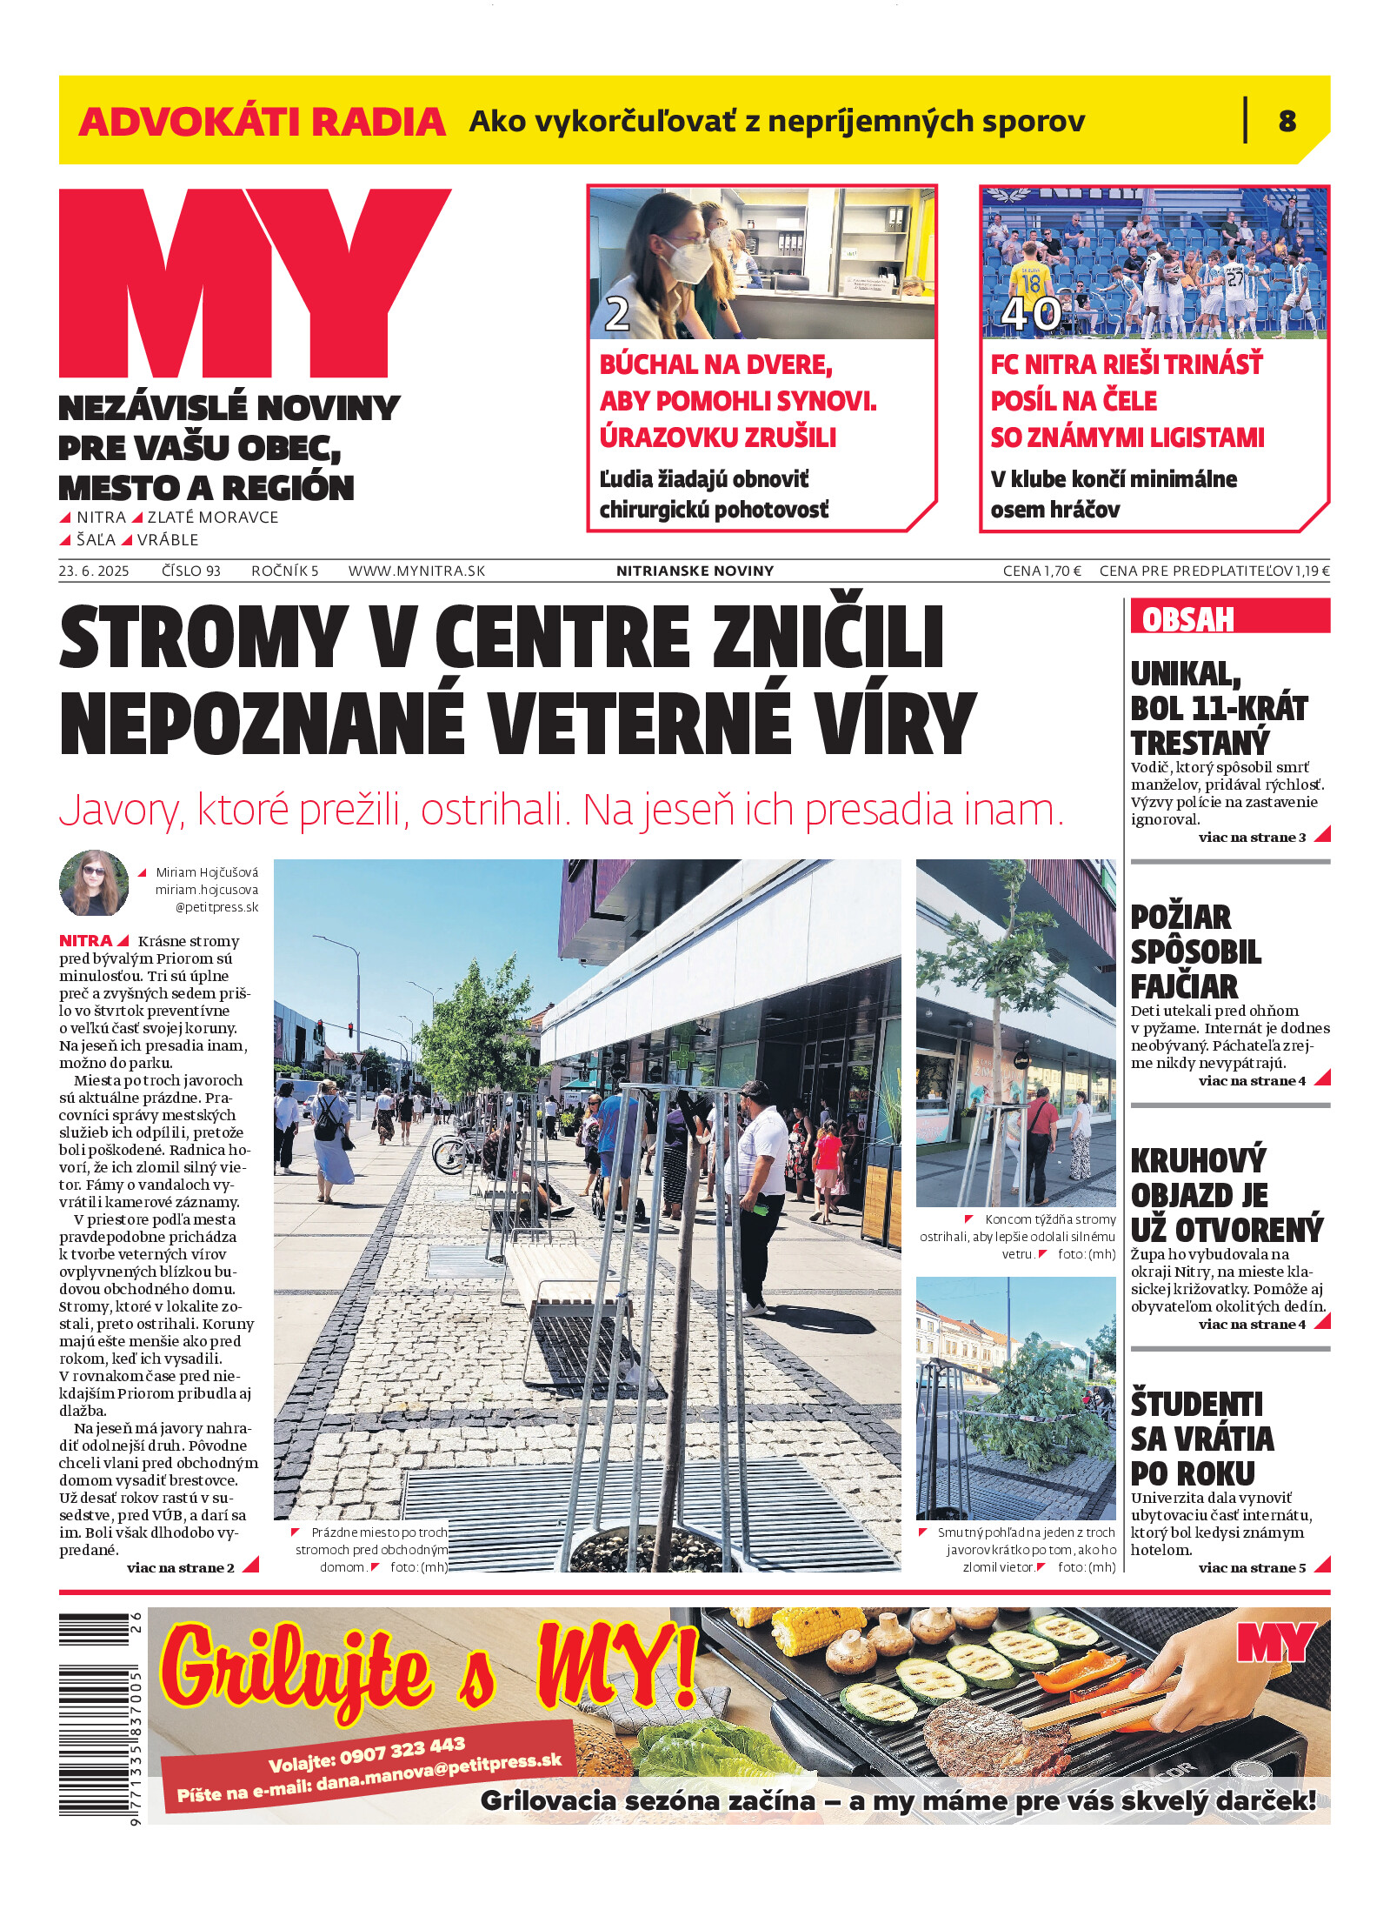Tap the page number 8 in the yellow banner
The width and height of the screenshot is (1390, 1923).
click(1287, 121)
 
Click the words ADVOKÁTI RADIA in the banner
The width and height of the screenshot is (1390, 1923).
click(262, 122)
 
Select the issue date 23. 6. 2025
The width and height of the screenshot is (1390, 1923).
click(94, 571)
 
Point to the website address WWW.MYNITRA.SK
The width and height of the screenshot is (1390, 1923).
click(416, 571)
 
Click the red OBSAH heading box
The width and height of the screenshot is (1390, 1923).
click(1229, 618)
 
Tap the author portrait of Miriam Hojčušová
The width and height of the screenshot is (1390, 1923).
click(94, 883)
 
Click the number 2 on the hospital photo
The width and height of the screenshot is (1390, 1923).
click(616, 314)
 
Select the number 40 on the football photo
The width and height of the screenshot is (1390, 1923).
click(1031, 314)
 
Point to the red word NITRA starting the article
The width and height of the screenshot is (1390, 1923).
click(85, 941)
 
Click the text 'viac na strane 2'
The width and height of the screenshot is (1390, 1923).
click(181, 1568)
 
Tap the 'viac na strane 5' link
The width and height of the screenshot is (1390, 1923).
click(1252, 1568)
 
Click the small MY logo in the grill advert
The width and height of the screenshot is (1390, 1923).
click(1275, 1643)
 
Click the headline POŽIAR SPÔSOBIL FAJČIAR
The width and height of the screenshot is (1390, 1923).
click(1195, 951)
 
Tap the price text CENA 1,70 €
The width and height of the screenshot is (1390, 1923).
click(1041, 571)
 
